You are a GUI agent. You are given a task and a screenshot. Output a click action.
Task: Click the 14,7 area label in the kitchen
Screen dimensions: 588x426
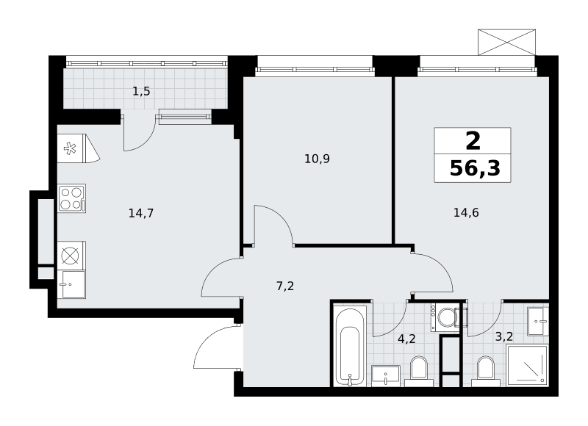click(141, 214)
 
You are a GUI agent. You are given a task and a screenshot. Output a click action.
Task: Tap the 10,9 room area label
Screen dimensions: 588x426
click(317, 159)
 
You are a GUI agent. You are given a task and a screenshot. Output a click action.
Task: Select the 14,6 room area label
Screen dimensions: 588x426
click(466, 213)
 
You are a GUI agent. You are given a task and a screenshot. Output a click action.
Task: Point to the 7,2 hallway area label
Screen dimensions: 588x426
click(285, 286)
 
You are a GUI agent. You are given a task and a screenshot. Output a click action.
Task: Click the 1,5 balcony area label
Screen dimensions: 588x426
click(141, 91)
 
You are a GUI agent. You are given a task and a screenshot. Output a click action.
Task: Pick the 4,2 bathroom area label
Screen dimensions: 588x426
click(406, 339)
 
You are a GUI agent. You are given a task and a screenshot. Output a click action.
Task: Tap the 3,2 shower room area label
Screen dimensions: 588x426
click(504, 336)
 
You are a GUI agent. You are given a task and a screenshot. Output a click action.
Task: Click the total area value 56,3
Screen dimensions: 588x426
click(475, 169)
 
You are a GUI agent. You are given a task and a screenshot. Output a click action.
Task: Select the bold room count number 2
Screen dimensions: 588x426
click(473, 141)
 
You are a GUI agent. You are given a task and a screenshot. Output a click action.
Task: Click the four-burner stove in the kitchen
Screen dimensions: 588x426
click(71, 198)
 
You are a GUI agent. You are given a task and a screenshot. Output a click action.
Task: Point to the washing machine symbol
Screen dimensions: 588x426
click(445, 317)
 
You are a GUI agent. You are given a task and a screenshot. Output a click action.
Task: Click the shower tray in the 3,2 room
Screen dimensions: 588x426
click(527, 366)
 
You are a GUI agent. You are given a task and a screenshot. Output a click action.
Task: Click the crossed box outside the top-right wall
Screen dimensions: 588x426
click(506, 42)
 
